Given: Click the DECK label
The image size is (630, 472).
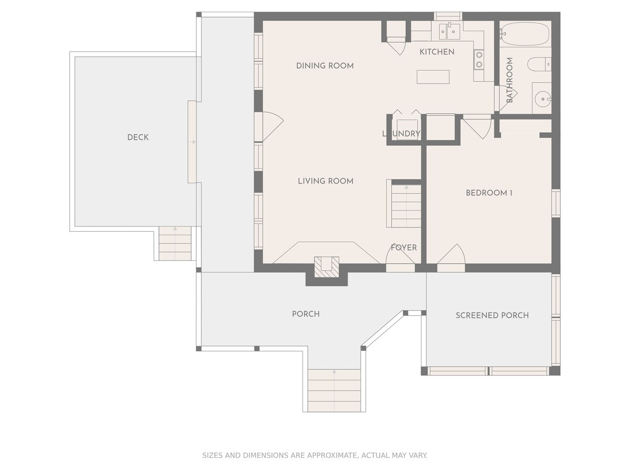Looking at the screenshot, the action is [138, 137].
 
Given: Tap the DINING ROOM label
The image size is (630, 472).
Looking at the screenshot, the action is [324, 66].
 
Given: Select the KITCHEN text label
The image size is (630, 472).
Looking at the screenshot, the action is [437, 52].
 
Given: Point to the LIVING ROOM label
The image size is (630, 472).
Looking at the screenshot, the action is [325, 181].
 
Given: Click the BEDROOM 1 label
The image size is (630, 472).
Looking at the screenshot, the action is [489, 193].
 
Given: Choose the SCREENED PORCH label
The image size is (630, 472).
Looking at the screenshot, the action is [492, 316].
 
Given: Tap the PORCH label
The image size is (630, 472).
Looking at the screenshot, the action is [306, 314].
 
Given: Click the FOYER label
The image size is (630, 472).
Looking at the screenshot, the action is [404, 248].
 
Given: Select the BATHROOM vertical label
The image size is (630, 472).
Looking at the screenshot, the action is [509, 80].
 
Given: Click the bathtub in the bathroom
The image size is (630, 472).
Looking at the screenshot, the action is [524, 34].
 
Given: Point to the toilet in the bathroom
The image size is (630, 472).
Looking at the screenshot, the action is [539, 64].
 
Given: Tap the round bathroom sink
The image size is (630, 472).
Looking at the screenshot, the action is [542, 99].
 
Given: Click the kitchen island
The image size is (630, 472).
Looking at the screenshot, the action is [433, 77].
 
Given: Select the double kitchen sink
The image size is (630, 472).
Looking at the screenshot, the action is [449, 31].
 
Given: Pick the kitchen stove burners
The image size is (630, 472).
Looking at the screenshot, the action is [479, 59].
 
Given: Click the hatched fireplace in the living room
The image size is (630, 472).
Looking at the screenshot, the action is [327, 267].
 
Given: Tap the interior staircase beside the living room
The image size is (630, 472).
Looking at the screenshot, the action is [406, 206].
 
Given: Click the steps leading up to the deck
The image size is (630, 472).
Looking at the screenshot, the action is [175, 243].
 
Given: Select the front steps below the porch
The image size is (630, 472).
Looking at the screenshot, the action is [334, 390].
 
